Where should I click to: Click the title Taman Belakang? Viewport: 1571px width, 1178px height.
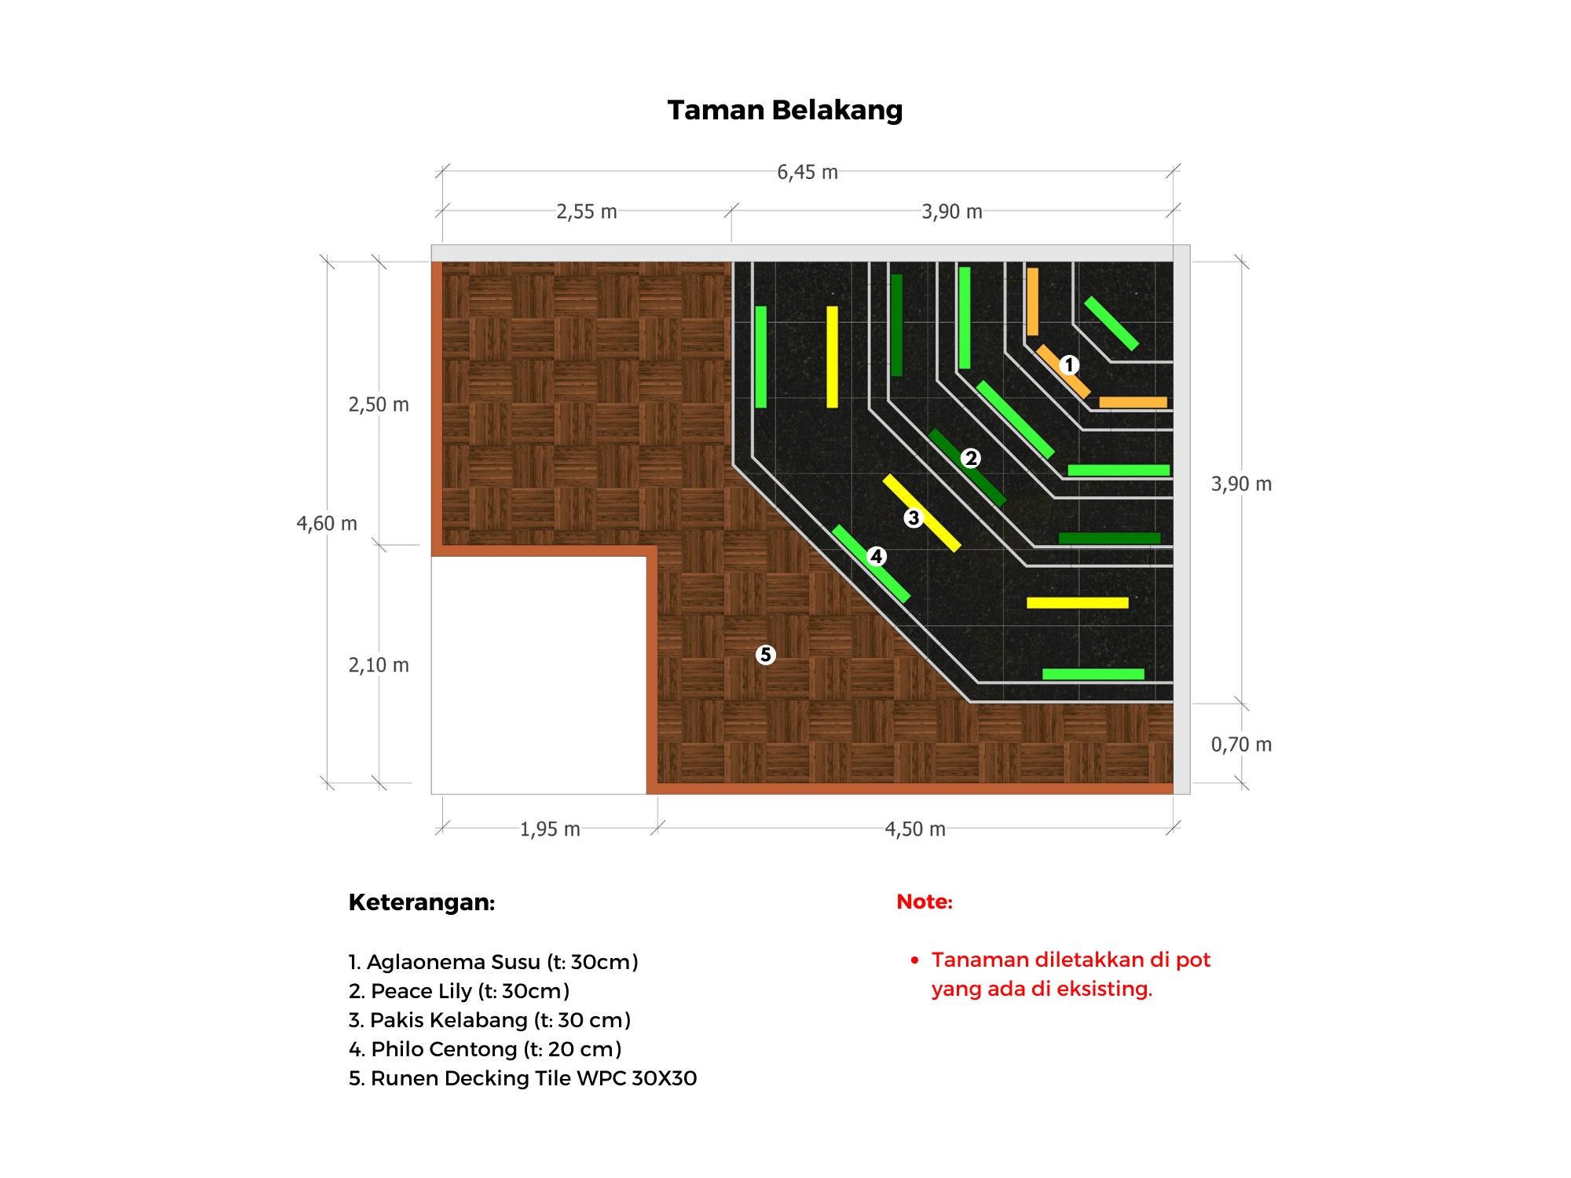click(785, 110)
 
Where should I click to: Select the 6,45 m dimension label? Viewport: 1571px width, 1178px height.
click(807, 172)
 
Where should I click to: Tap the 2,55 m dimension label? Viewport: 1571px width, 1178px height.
click(586, 212)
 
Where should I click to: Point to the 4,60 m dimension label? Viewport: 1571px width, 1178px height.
click(327, 523)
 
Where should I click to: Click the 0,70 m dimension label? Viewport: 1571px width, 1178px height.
click(1240, 744)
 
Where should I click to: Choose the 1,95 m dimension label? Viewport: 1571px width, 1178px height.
click(550, 829)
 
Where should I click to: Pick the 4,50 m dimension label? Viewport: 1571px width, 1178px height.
click(914, 829)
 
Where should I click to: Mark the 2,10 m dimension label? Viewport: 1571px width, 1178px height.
click(379, 665)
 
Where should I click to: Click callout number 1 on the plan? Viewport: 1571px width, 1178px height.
click(1068, 365)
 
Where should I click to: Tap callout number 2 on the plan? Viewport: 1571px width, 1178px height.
click(971, 458)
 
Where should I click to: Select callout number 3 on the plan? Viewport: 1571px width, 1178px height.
click(913, 518)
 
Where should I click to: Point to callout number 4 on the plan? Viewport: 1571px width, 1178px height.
click(877, 557)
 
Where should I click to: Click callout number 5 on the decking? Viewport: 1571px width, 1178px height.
click(766, 655)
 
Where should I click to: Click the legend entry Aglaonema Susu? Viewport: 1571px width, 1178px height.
click(493, 962)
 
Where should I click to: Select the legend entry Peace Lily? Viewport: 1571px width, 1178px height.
click(459, 991)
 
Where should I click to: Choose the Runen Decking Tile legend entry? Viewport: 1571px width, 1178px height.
click(522, 1078)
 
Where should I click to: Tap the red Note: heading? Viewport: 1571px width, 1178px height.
click(925, 902)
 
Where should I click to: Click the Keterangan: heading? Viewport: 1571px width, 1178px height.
click(422, 902)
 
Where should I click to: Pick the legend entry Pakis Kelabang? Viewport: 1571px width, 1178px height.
click(489, 1020)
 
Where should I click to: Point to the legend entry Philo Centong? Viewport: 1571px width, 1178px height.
click(485, 1049)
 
